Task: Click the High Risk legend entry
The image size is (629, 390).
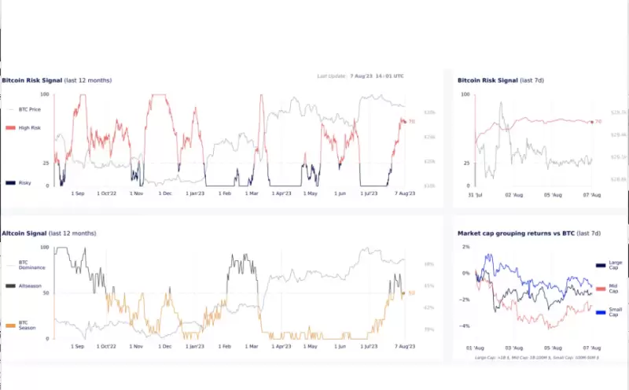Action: tap(24, 127)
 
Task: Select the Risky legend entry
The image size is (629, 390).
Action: tap(23, 182)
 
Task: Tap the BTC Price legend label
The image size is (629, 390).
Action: tap(28, 109)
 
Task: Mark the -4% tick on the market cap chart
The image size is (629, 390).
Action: tap(465, 326)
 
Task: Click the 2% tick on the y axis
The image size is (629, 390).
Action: tap(466, 247)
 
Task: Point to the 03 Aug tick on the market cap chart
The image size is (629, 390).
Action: tap(514, 347)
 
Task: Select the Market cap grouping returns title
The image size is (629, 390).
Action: tap(528, 234)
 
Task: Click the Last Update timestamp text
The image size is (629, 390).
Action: tap(360, 76)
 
